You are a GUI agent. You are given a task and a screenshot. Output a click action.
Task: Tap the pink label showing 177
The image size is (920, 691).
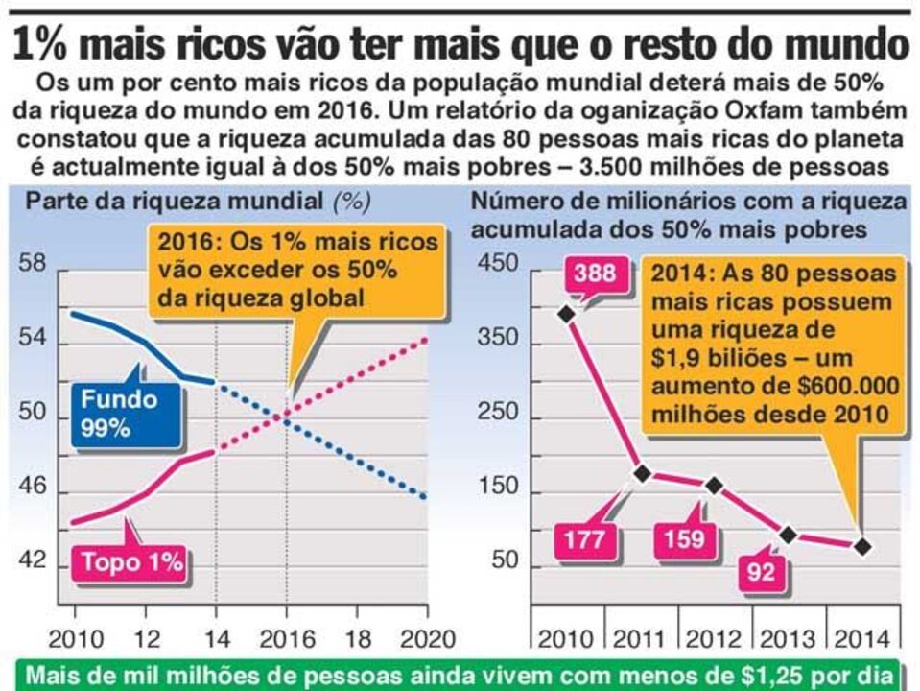pyautogui.click(x=584, y=539)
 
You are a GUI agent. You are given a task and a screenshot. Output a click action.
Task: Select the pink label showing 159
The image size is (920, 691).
pyautogui.click(x=684, y=539)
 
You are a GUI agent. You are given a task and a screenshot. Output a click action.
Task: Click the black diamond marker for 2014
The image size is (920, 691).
pyautogui.click(x=861, y=546)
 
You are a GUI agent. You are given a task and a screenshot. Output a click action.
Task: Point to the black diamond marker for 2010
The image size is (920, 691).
pyautogui.click(x=566, y=313)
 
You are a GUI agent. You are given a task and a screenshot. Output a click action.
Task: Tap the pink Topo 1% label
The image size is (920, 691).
pyautogui.click(x=131, y=562)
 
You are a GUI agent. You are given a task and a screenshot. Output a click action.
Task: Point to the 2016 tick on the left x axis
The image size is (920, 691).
pyautogui.click(x=286, y=638)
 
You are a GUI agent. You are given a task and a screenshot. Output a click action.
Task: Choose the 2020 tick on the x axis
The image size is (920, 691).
pyautogui.click(x=426, y=638)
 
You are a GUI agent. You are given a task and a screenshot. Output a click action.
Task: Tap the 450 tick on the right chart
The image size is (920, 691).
pyautogui.click(x=497, y=263)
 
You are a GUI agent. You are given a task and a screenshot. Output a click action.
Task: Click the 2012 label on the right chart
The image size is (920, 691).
pyautogui.click(x=713, y=638)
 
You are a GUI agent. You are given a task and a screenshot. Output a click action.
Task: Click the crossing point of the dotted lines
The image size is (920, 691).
pyautogui.click(x=286, y=416)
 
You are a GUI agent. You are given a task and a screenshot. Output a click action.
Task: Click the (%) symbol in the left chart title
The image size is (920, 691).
pyautogui.click(x=351, y=203)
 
